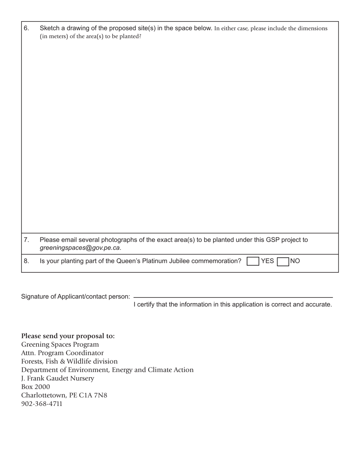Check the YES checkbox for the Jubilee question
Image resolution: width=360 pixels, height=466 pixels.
click(252, 261)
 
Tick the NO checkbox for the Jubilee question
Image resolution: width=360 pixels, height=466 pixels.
click(283, 261)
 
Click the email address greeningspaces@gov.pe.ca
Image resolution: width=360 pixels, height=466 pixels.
click(80, 248)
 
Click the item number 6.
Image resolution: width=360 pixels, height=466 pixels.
click(26, 28)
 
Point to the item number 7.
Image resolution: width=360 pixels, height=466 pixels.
click(26, 240)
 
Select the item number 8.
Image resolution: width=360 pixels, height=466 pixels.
click(26, 261)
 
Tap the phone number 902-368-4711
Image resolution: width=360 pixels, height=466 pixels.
click(42, 404)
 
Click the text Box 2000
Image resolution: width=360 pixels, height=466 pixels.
click(36, 387)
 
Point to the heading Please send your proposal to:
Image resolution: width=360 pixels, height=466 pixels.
click(68, 336)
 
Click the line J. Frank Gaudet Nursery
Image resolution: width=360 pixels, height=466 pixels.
click(58, 378)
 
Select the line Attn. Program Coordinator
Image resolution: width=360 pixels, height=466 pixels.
click(63, 353)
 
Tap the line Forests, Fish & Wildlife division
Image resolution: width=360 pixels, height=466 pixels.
click(69, 361)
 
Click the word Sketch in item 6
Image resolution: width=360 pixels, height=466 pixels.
click(49, 28)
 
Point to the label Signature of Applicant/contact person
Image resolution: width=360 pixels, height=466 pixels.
click(75, 297)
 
